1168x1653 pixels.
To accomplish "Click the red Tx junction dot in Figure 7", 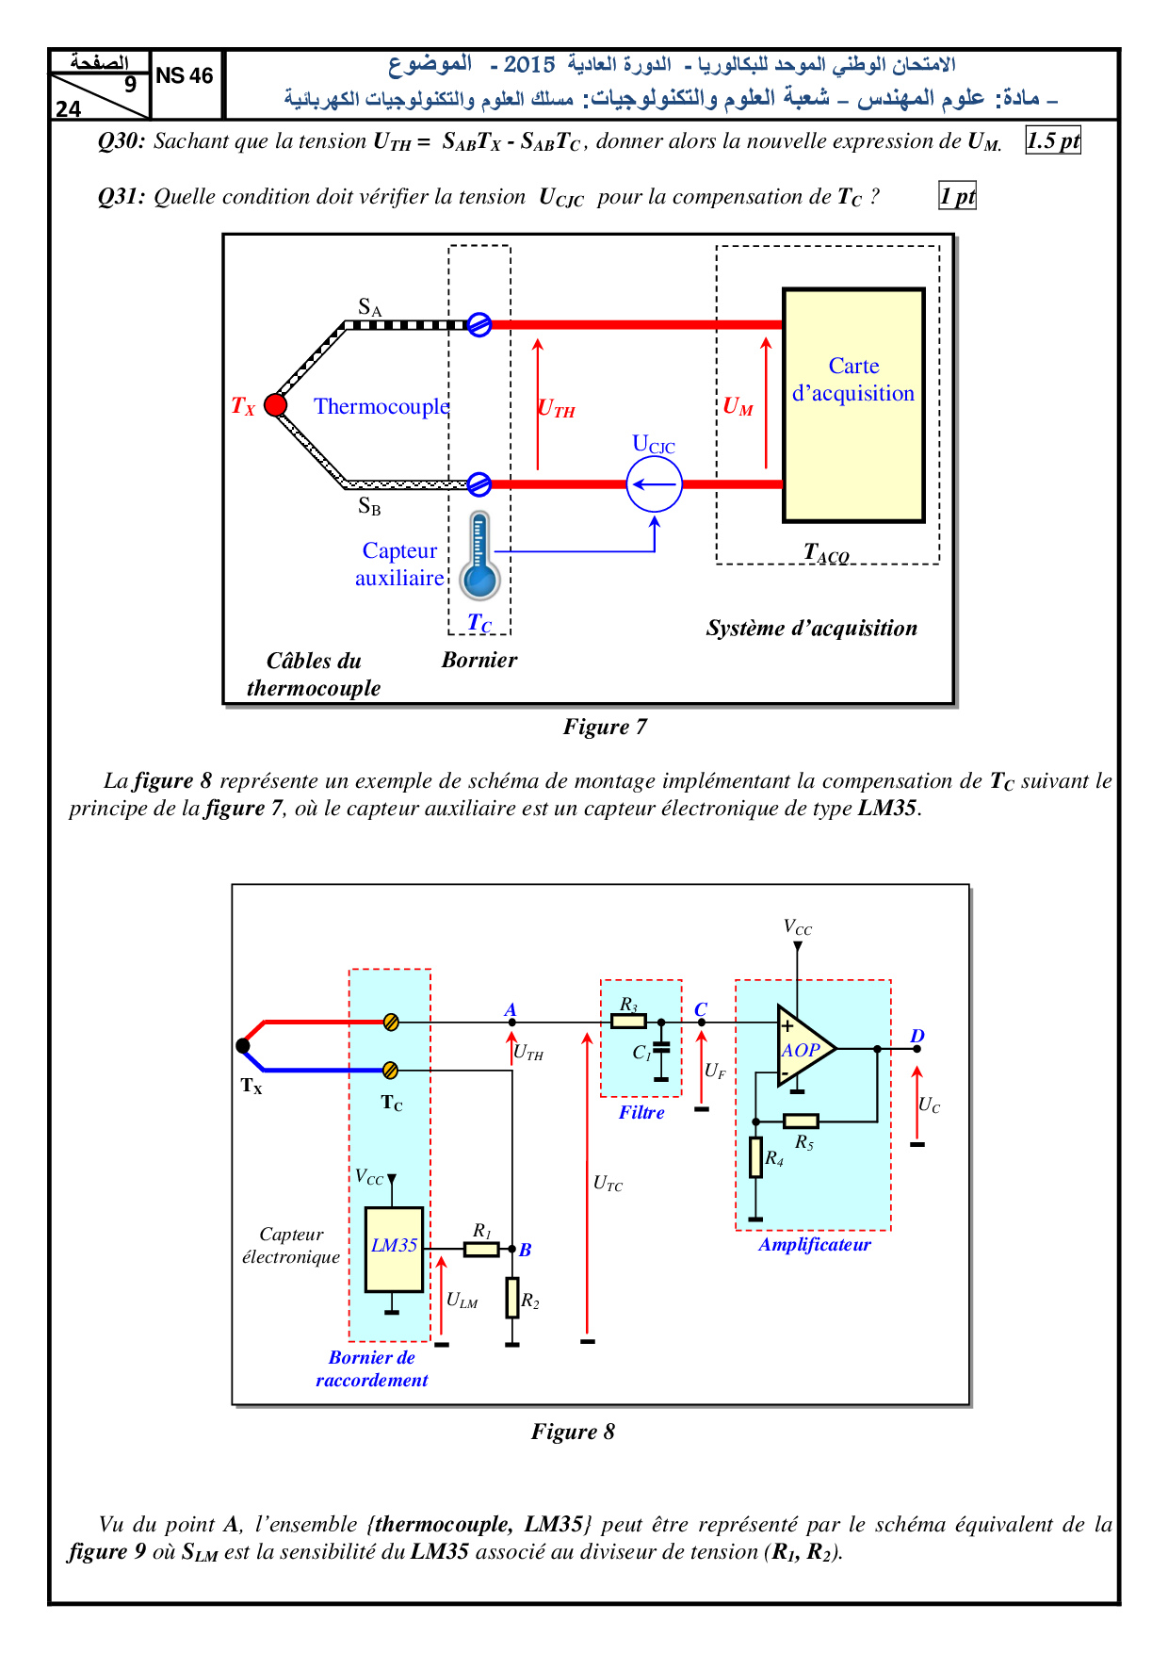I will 275,405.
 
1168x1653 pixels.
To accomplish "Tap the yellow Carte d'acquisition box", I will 853,405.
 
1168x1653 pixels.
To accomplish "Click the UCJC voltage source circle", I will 654,484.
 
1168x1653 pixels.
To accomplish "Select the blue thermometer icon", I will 479,557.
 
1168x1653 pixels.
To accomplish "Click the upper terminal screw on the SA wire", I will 479,325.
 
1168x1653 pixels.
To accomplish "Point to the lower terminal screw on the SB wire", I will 479,484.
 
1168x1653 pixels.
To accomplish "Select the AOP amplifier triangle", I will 803,1047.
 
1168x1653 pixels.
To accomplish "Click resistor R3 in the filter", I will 628,1021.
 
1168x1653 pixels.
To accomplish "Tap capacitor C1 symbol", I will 661,1047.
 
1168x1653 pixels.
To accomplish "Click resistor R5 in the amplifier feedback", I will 801,1121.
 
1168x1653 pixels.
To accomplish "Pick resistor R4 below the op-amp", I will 755,1157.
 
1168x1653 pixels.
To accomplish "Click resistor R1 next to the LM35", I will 481,1249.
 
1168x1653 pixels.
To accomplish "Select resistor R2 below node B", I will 512,1298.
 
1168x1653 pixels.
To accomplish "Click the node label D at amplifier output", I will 917,1036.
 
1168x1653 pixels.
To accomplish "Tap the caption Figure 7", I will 605,727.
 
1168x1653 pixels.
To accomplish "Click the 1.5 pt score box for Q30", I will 1053,141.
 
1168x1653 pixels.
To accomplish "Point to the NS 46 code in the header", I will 185,76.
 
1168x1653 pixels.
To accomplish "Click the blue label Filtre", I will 641,1112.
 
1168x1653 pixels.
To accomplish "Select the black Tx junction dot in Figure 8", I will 243,1045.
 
